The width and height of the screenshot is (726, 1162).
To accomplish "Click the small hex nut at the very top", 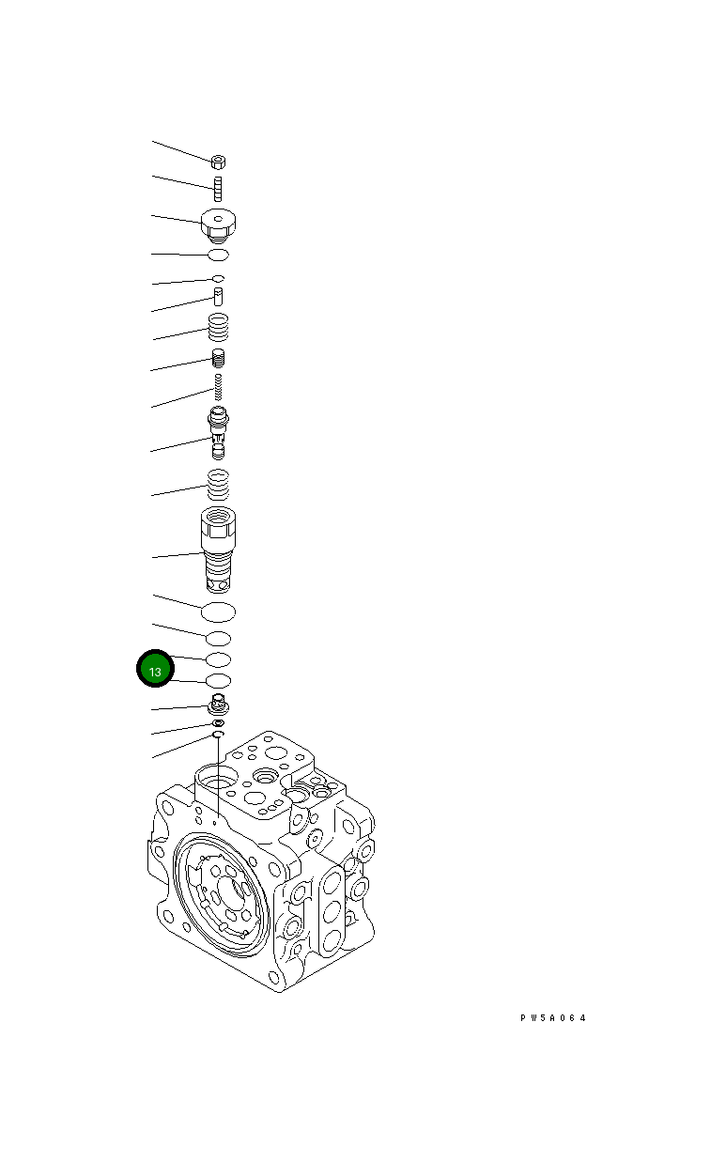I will point(217,162).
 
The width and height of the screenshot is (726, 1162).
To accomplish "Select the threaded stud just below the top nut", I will point(217,188).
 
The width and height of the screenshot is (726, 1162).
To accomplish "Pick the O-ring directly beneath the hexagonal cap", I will point(218,255).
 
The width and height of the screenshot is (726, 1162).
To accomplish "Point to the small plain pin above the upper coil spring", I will point(218,297).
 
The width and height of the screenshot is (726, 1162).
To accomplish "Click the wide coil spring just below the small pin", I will point(218,327).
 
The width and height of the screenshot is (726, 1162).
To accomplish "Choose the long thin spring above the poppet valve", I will point(218,386).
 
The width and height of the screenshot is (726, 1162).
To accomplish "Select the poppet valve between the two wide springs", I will point(218,430).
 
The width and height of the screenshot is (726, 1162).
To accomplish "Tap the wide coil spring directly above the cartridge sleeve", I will point(218,486).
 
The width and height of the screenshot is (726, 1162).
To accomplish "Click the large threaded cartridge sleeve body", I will point(219,550).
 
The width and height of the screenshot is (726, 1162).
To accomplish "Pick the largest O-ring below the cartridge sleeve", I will point(219,612).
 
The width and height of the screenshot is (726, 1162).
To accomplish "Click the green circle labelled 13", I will point(155,671).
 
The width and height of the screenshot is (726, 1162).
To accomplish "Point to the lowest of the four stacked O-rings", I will point(219,680).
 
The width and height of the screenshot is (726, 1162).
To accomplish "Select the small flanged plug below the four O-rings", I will point(219,704).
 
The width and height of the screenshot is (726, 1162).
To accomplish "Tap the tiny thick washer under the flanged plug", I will point(219,722).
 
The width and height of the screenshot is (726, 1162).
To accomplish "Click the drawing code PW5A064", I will point(553,1017).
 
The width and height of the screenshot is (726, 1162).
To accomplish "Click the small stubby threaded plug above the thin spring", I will point(219,357).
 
